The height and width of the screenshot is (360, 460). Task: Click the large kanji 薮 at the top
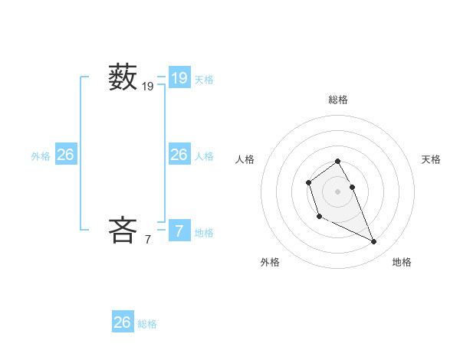coord(122,77)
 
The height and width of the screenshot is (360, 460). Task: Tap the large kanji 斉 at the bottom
coord(122,230)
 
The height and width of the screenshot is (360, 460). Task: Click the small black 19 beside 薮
coord(148,87)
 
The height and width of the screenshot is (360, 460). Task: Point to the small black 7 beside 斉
coord(148,240)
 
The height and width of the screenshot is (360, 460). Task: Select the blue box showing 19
coord(179,77)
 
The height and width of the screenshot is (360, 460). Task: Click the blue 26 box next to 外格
coord(65,155)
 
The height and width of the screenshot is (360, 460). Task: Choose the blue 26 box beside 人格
coord(179,155)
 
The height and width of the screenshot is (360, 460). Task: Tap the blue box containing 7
coord(179,231)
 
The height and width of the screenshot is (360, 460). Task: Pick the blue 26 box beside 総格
coord(123,322)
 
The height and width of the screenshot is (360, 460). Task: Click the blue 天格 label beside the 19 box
coord(204,79)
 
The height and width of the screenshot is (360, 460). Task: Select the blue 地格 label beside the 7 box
coord(204,232)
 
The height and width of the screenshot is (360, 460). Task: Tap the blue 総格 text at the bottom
coord(147,324)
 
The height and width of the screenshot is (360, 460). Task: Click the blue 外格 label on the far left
coord(41,156)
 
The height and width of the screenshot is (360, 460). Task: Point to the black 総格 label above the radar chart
coord(338,100)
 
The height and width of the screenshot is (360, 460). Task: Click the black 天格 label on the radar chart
coord(431,159)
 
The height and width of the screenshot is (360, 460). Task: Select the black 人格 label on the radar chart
coord(245,159)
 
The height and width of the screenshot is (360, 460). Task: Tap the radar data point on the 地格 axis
coord(374,242)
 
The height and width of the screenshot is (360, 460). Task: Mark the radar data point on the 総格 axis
coord(338,162)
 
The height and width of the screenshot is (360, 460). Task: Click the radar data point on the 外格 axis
coord(319,217)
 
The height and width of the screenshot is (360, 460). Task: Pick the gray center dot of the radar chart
coord(338,191)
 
